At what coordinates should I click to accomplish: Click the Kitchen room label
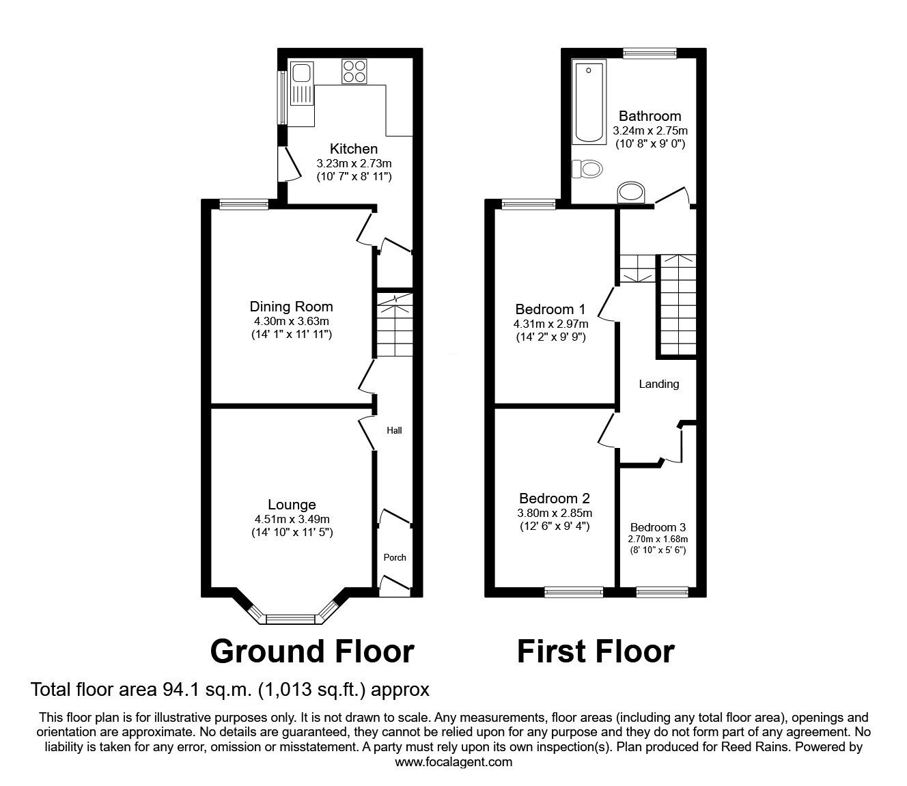pyautogui.click(x=353, y=149)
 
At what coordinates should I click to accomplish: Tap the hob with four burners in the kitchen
pyautogui.click(x=354, y=72)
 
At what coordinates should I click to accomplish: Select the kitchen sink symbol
pyautogui.click(x=301, y=83)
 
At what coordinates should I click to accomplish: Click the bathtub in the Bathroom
pyautogui.click(x=589, y=102)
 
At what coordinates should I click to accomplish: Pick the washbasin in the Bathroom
pyautogui.click(x=630, y=193)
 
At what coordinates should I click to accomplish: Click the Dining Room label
pyautogui.click(x=291, y=307)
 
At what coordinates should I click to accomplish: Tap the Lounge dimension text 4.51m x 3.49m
pyautogui.click(x=291, y=519)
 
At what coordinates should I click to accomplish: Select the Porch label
pyautogui.click(x=395, y=557)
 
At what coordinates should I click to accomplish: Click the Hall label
pyautogui.click(x=395, y=430)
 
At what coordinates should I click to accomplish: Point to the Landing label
pyautogui.click(x=658, y=384)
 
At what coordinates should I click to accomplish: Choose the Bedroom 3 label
pyautogui.click(x=658, y=527)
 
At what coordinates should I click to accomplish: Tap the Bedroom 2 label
pyautogui.click(x=554, y=499)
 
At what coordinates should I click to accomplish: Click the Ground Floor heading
pyautogui.click(x=312, y=651)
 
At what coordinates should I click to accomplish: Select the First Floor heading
pyautogui.click(x=596, y=651)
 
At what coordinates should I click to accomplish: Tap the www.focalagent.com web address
pyautogui.click(x=454, y=761)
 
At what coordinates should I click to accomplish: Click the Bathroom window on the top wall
pyautogui.click(x=649, y=53)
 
